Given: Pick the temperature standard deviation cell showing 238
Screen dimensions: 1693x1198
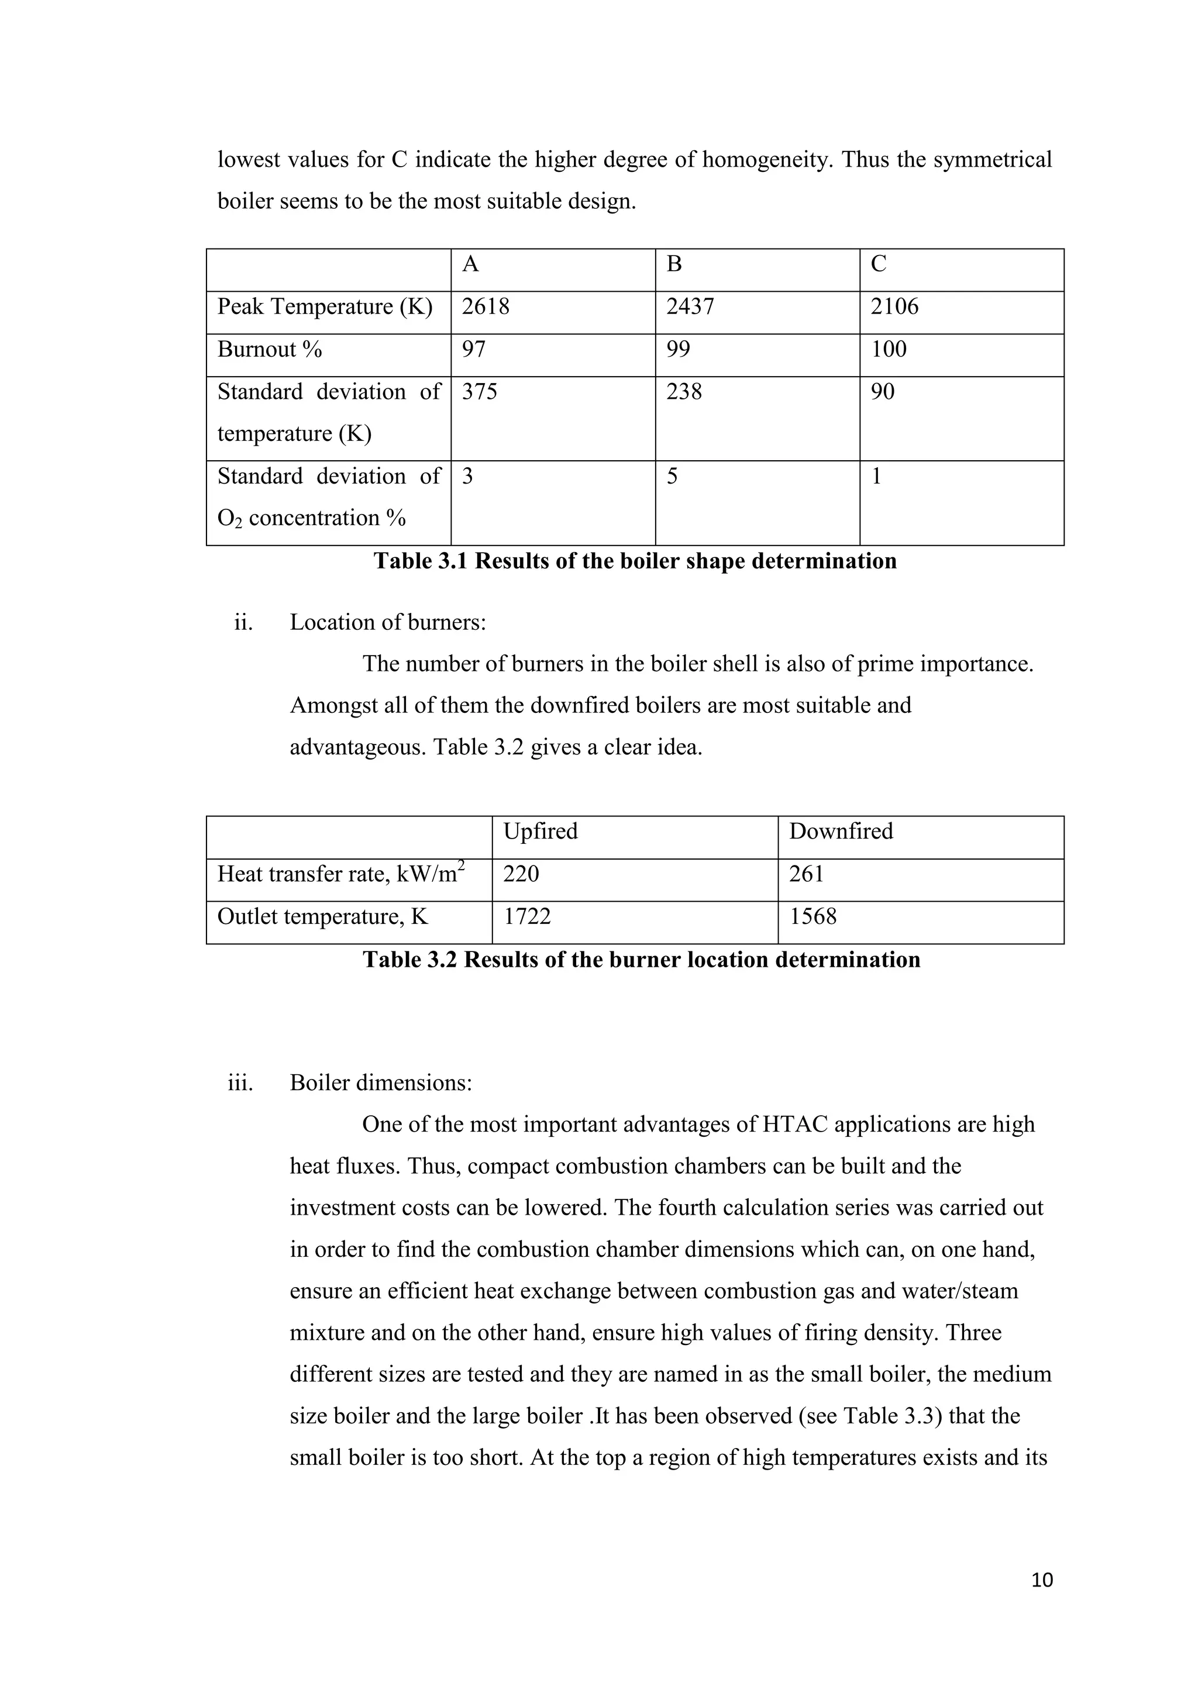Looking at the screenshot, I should point(684,392).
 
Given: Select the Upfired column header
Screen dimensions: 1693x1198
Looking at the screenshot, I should point(540,832).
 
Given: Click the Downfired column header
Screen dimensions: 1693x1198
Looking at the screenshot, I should point(841,832).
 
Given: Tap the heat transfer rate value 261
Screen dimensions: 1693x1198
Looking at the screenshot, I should point(806,874).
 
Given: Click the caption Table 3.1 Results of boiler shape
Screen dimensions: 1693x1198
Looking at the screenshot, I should point(635,561).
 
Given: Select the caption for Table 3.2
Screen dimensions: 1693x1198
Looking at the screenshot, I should point(641,960).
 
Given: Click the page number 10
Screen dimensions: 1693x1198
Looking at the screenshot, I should point(1042,1580).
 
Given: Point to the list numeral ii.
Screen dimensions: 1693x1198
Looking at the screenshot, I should point(243,623).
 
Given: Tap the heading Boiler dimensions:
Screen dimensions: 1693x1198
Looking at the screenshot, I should point(381,1083).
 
